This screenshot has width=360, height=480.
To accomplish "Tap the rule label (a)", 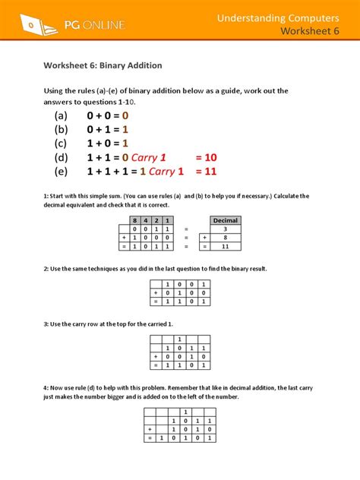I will pos(61,115).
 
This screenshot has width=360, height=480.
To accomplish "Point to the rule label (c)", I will pos(61,143).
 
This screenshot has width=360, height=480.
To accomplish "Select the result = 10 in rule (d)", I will pos(206,157).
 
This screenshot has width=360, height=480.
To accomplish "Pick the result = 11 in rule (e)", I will pos(206,172).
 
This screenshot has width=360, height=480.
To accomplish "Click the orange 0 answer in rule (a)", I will pos(125,115).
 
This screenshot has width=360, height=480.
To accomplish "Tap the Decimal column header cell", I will pos(225,220).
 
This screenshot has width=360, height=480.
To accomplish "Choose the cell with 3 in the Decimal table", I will pos(225,229).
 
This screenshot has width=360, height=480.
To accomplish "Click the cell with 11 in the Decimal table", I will pos(225,246).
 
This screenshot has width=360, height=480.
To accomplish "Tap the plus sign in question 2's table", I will pos(155,292).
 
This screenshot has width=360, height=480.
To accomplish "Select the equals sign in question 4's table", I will pos(150,438).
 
